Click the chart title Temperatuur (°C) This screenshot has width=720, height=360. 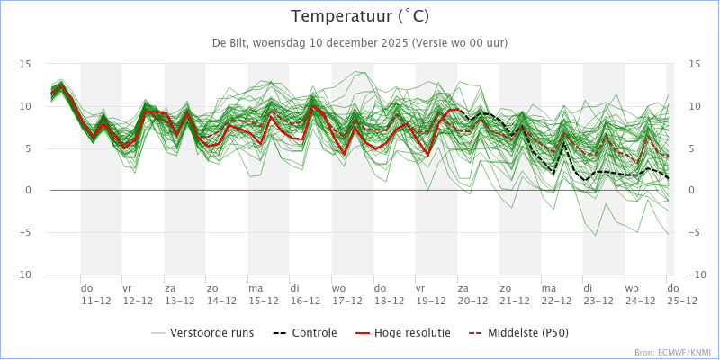361,17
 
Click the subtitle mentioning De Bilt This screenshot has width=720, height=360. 360,43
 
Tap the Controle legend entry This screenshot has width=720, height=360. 305,332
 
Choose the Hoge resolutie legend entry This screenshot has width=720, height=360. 402,332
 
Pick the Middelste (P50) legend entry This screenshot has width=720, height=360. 518,332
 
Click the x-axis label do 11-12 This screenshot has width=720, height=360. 96,294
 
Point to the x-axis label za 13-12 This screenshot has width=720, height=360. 179,294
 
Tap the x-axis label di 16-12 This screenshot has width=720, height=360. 305,294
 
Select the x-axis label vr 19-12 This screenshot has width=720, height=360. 431,294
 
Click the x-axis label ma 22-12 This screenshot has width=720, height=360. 556,294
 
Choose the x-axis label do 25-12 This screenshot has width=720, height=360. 682,294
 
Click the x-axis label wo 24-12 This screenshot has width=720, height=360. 640,294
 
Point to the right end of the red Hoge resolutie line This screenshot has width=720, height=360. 458,109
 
